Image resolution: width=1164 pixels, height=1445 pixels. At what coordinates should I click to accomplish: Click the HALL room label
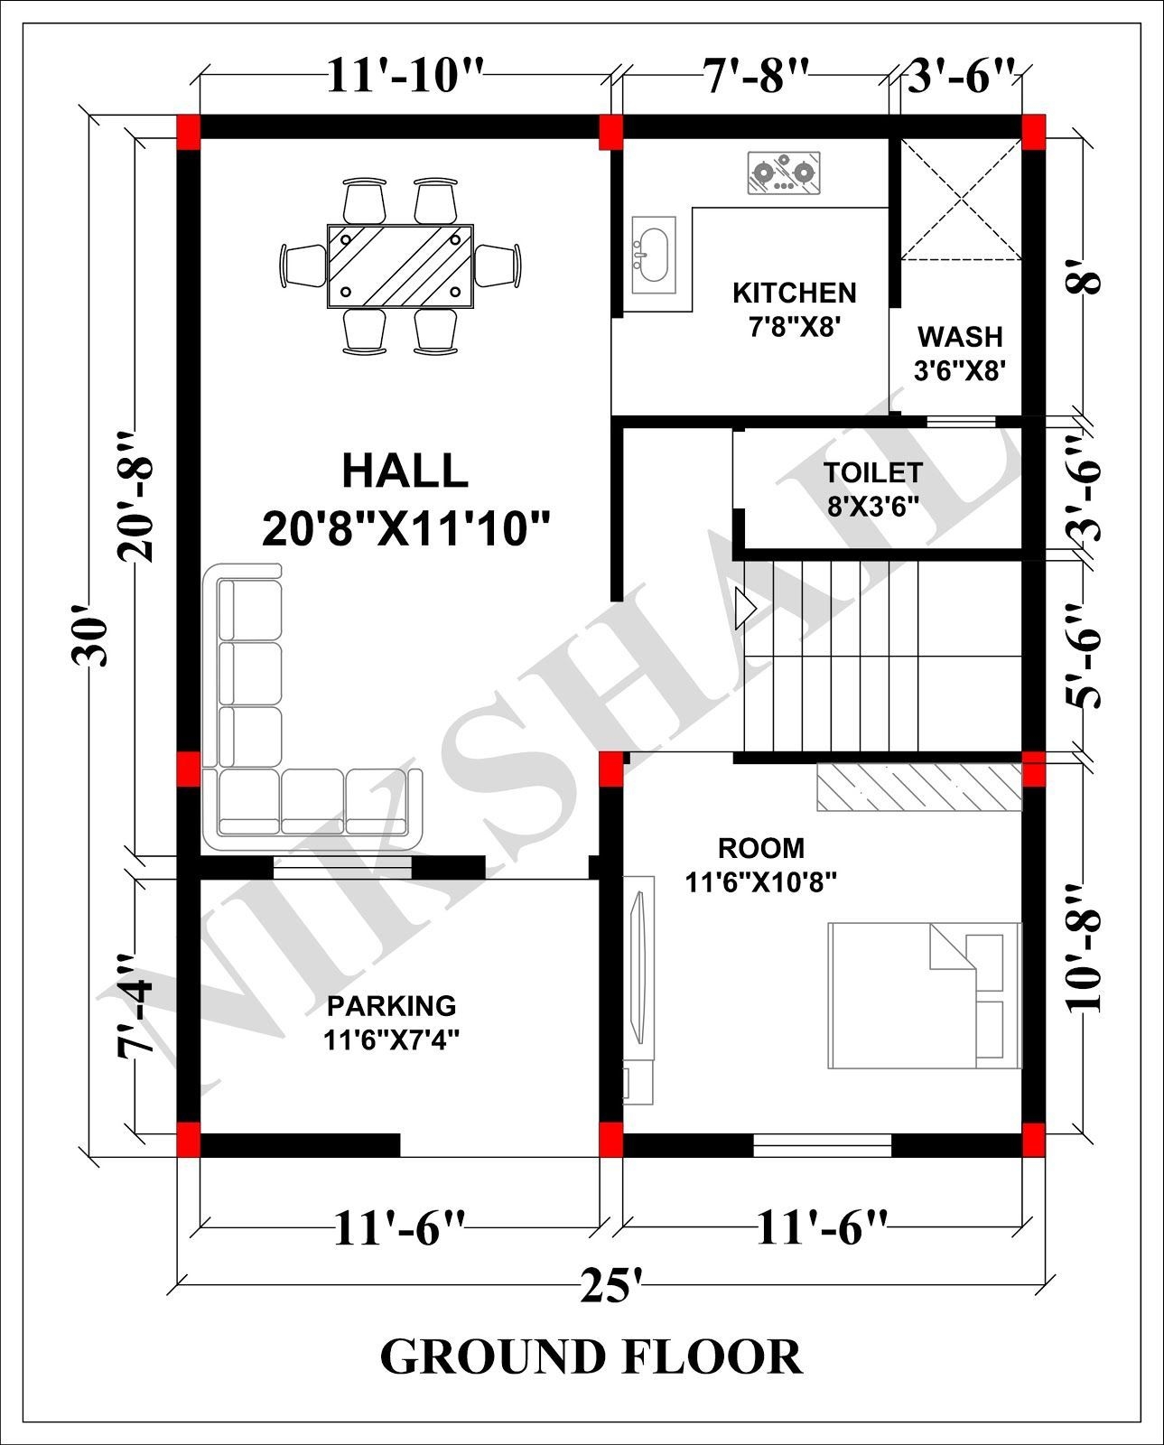(x=405, y=472)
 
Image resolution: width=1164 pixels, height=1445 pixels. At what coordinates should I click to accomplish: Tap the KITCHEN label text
(x=794, y=294)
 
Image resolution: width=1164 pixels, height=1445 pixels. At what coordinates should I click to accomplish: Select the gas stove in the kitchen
(x=784, y=173)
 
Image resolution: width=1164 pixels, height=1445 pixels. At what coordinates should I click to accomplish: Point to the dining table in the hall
(x=399, y=266)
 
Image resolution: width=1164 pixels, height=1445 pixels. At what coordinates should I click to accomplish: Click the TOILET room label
(x=872, y=473)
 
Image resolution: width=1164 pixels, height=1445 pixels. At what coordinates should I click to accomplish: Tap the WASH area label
(x=960, y=337)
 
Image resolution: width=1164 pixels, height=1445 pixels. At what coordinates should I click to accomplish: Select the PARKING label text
(x=391, y=1005)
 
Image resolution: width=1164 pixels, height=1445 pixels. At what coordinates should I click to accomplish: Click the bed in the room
(x=923, y=993)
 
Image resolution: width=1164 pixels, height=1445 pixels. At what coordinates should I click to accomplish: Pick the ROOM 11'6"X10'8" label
(x=760, y=864)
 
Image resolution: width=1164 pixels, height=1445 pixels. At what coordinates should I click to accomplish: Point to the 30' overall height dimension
(x=92, y=642)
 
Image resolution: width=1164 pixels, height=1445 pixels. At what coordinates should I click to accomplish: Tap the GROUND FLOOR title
(x=591, y=1357)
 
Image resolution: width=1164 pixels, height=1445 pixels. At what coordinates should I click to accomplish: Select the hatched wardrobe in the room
(x=918, y=788)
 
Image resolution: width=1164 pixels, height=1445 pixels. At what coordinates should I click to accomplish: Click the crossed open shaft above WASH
(x=961, y=199)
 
